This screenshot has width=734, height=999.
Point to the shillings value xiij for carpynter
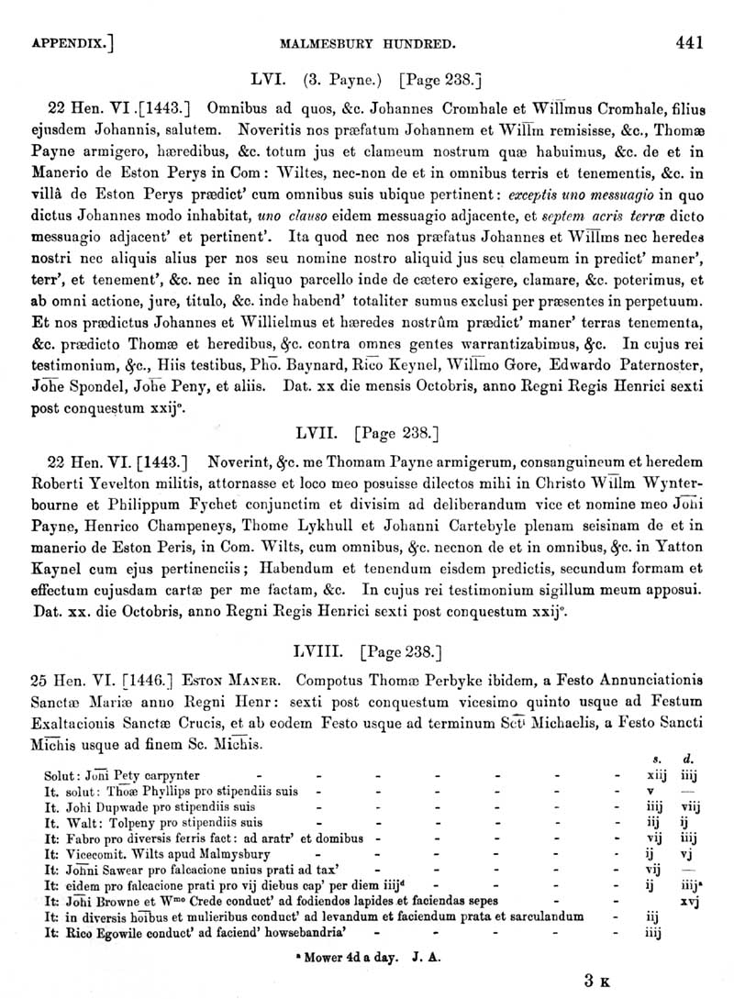pos(649,775)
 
